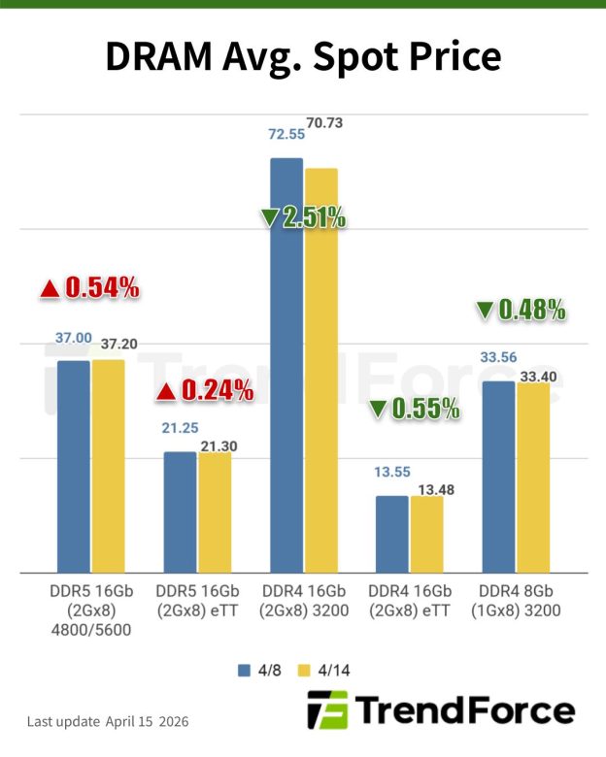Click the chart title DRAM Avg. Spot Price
coord(302,57)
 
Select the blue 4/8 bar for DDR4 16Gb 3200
coord(286,365)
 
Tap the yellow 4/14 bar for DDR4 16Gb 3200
coord(320,370)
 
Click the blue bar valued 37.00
coord(74,466)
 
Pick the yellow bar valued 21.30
coord(215,512)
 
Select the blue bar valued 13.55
coord(391,534)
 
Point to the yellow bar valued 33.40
coord(533,477)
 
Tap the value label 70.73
coord(323,123)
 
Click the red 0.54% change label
coord(90,287)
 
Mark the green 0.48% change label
coord(521,311)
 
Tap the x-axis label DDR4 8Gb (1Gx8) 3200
coord(515,601)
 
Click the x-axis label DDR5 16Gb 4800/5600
coord(90,609)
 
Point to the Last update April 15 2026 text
coord(108,722)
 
